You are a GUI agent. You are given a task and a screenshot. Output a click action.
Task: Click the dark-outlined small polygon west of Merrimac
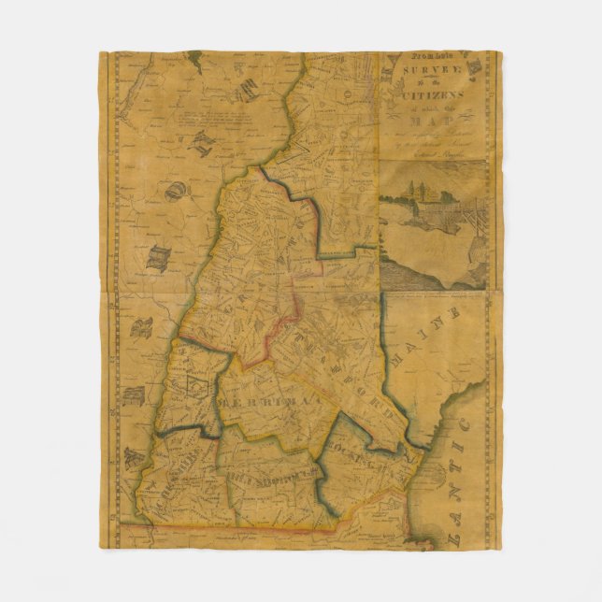[197, 386]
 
